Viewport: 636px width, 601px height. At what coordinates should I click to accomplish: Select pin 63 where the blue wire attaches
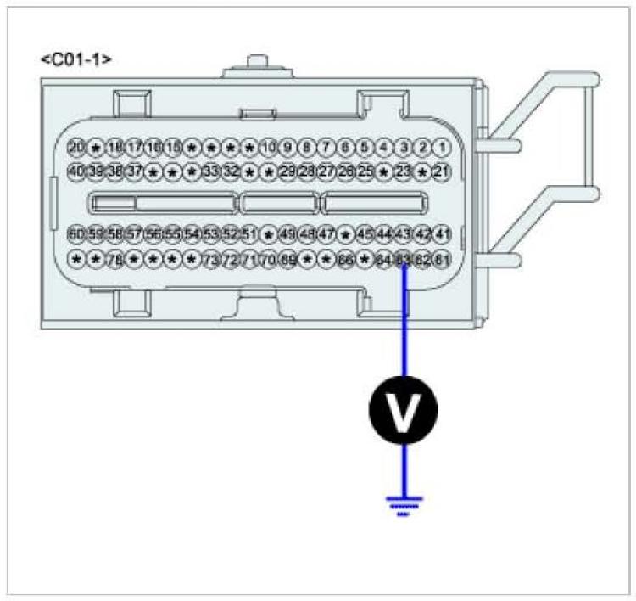[404, 259]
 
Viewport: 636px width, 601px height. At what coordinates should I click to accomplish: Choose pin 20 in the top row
[76, 148]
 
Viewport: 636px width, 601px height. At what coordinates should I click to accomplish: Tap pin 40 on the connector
[76, 171]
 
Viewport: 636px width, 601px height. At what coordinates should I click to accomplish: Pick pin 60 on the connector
[76, 233]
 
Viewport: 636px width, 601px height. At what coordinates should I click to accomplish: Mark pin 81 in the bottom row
[441, 259]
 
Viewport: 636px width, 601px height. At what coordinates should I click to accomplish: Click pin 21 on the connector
[441, 171]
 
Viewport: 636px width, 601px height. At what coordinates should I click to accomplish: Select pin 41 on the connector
[441, 233]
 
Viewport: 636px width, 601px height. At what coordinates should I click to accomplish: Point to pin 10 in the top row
[268, 148]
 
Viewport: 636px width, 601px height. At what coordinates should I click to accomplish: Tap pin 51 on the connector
[249, 233]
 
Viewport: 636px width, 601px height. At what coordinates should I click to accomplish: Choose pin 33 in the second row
[210, 171]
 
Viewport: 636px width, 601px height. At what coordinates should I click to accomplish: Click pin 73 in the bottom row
[210, 259]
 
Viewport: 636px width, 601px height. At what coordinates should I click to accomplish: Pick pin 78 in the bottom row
[114, 259]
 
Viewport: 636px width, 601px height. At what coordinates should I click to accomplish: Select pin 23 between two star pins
[403, 171]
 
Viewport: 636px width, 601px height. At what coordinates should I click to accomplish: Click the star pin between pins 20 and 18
[96, 148]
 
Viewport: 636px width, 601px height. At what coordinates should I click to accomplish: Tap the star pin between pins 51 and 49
[269, 233]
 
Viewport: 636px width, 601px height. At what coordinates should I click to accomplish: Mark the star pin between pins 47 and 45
[345, 233]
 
